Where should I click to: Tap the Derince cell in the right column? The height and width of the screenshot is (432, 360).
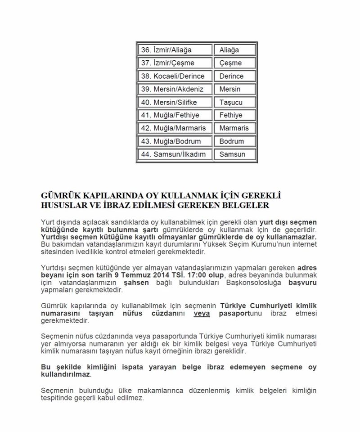pyautogui.click(x=234, y=76)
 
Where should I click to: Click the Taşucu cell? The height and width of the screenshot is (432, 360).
pyautogui.click(x=234, y=102)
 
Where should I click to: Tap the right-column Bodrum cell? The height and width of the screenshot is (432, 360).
pyautogui.click(x=234, y=141)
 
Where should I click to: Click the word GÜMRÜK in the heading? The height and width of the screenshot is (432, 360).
pyautogui.click(x=59, y=196)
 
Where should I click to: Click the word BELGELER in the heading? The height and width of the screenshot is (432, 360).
pyautogui.click(x=247, y=206)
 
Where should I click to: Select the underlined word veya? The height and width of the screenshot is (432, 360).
pyautogui.click(x=202, y=315)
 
